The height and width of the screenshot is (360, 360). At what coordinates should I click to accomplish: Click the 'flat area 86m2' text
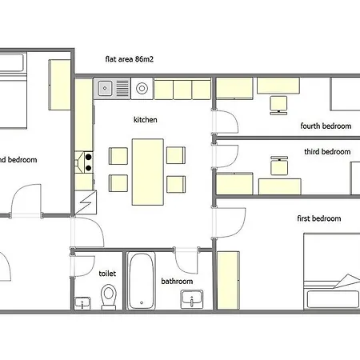pos(130,59)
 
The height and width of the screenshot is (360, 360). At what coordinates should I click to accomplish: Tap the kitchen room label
pos(146,119)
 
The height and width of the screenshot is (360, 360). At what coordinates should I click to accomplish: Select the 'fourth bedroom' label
pos(326,126)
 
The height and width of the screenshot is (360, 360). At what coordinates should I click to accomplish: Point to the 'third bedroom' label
pos(327,152)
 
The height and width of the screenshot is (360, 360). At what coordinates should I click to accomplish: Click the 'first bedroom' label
pos(319,218)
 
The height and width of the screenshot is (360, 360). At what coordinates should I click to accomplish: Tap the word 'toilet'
pos(107,274)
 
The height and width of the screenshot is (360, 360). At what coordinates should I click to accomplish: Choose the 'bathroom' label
pos(177,281)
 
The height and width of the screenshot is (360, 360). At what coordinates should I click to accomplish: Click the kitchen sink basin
pos(105,88)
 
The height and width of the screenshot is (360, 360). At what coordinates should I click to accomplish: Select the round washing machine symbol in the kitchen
pos(142,88)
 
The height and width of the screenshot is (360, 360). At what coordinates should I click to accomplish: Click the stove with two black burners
pos(84,162)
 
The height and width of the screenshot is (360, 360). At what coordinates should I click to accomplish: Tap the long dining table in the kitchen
pos(148,172)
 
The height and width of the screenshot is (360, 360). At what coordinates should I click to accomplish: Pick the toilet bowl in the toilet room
pos(109,297)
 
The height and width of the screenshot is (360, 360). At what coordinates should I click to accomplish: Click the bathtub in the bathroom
pos(142,281)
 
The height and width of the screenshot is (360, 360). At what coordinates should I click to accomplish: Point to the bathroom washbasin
pos(192,299)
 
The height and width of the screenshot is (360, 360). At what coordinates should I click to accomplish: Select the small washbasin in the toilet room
pos(82,303)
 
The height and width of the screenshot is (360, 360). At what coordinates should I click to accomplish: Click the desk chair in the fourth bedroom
pos(278,106)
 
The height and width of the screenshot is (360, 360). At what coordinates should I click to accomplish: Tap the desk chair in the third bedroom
pos(279,166)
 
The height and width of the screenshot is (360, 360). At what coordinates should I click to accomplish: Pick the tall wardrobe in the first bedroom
pos(228,280)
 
